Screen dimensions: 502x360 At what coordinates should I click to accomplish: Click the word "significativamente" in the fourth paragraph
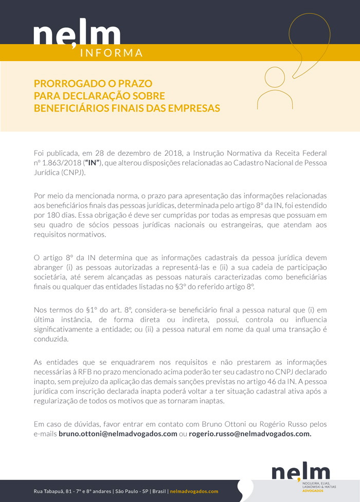65,329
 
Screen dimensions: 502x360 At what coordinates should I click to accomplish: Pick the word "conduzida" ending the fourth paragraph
51,339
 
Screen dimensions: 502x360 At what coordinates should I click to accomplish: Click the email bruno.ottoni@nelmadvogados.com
118,434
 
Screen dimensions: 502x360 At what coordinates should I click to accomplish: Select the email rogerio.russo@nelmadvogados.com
250,434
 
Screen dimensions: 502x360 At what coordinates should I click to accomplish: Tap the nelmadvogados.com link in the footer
194,491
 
